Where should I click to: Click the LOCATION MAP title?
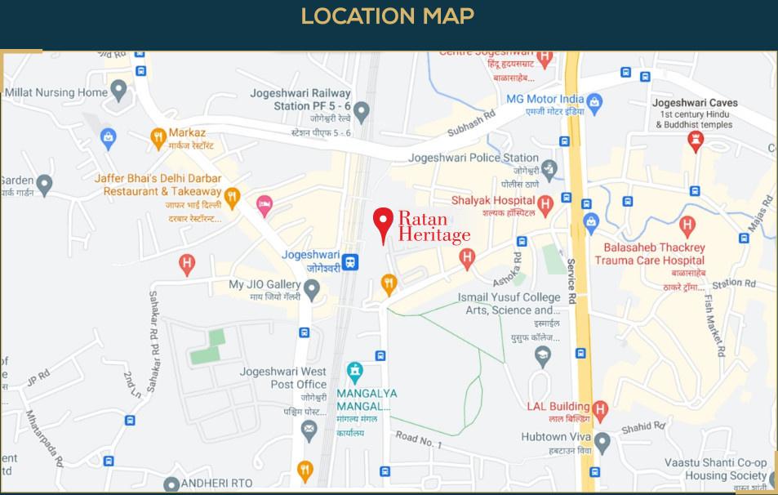388,16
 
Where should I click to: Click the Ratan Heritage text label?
433,226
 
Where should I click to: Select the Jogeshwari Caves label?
695,103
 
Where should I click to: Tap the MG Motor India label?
545,99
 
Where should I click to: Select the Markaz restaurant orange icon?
158,139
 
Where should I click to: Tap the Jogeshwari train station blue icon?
350,261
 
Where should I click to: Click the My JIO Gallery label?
265,285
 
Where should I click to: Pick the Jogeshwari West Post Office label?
282,377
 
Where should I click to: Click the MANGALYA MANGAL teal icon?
354,371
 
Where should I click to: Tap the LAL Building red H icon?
601,408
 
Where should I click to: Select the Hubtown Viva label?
555,437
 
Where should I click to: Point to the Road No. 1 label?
418,440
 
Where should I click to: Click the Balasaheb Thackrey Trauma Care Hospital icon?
687,223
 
